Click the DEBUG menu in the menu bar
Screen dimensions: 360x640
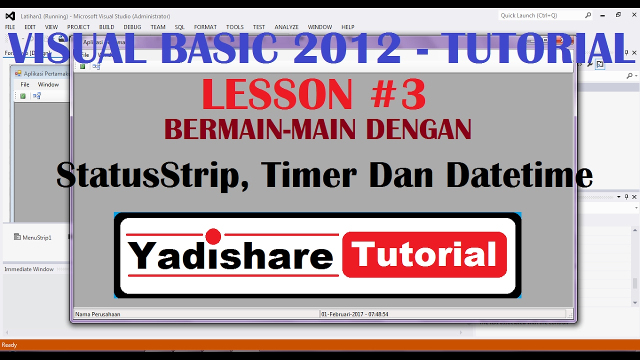pos(132,27)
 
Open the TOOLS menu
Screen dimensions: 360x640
pos(234,27)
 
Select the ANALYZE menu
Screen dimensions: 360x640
pos(286,27)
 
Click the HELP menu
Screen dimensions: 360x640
pos(347,27)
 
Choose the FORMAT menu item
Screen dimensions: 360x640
pos(205,27)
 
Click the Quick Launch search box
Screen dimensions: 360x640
pos(542,15)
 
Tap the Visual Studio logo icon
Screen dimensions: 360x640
pos(10,16)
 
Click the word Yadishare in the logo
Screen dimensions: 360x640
pos(230,255)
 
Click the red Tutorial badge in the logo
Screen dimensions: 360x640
pos(424,254)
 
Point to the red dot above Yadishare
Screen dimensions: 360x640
pos(213,236)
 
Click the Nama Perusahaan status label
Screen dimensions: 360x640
pos(98,314)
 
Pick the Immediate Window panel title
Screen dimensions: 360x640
pos(29,269)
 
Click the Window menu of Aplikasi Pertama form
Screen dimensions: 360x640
pos(48,84)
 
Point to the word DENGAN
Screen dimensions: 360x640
pos(418,130)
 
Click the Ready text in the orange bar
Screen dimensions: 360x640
pos(9,345)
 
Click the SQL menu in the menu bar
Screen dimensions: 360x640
pos(179,27)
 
